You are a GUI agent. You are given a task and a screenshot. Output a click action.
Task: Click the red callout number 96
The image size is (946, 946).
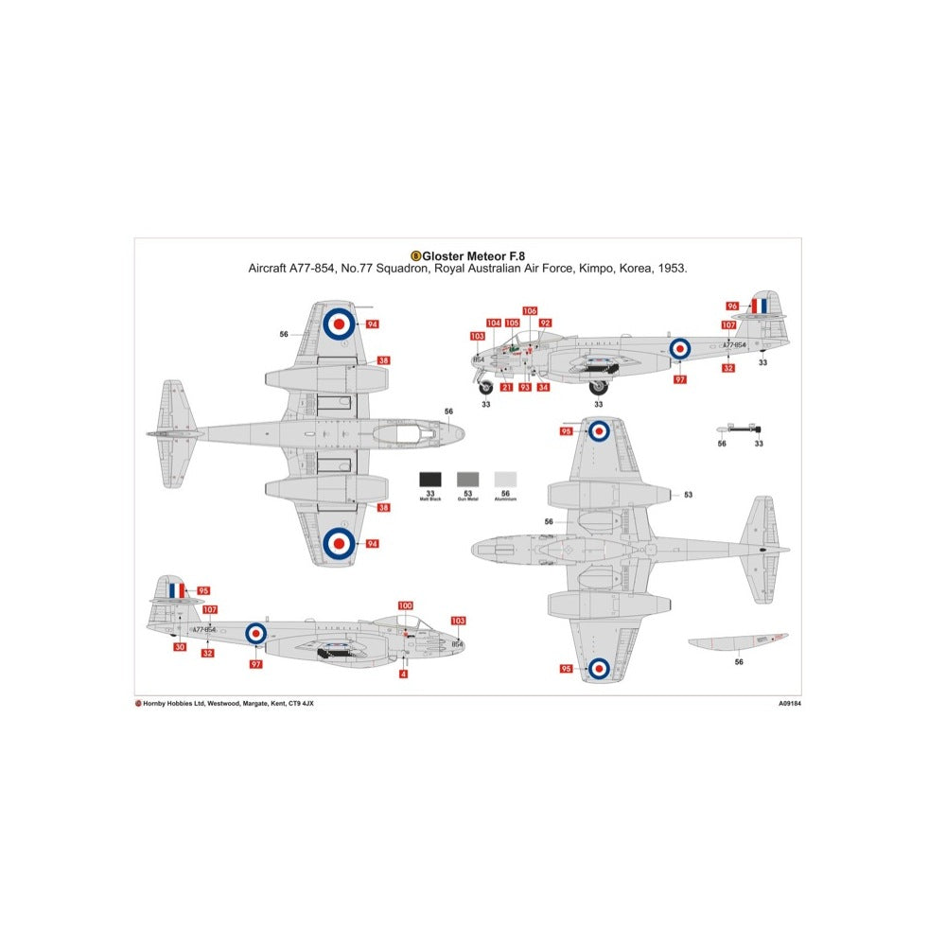coord(732,306)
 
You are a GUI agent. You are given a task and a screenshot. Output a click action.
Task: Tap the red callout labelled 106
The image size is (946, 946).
coord(529,310)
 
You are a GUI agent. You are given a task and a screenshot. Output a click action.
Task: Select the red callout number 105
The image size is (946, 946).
coord(512,323)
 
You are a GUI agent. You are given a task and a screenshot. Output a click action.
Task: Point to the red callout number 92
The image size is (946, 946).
coord(545,323)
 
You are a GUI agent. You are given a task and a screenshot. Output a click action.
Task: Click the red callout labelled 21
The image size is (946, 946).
coord(507,387)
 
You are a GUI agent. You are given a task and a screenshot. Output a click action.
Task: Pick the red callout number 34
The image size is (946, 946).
coord(543,387)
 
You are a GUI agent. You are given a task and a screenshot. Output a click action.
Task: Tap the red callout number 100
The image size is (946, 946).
coord(406,605)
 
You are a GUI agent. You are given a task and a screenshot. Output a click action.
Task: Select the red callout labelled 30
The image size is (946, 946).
coord(180,647)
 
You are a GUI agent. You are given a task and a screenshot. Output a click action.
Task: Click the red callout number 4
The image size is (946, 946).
coord(404,674)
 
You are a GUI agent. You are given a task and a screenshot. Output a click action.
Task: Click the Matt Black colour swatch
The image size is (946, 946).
coord(429,480)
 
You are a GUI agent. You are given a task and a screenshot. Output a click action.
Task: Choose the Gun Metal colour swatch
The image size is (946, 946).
coord(468,480)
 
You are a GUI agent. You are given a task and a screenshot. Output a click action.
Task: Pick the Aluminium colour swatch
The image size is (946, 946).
coord(507,480)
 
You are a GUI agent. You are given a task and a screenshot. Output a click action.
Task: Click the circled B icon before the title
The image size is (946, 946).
coord(415,255)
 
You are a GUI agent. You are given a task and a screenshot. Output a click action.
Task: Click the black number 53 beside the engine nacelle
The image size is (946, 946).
coord(688,494)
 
